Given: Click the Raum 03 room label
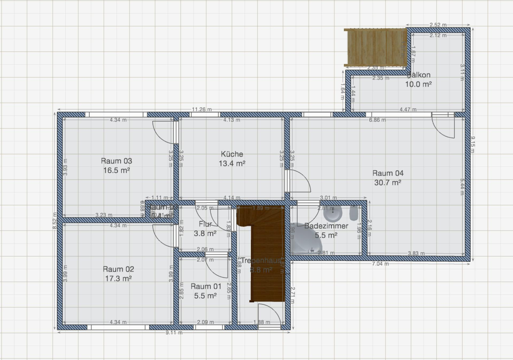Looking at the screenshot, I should pos(116,161).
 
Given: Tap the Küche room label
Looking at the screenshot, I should pos(232,154).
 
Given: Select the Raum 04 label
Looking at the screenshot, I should pos(388,173).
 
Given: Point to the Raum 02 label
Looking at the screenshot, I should pos(118,269).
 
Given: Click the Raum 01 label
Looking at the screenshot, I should pos(206,286).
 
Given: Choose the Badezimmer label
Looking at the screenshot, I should pos(326,226).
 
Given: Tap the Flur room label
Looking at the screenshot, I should pos(205,224).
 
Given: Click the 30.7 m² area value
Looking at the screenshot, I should pos(388,183).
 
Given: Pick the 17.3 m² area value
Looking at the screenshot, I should pos(118,278).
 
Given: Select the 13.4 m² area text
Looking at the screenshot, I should pos(232,163).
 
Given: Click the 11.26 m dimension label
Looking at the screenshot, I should pos(202,109).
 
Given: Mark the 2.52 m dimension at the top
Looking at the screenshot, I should pos(438,25).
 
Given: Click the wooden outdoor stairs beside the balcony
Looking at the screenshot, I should pos(376,47).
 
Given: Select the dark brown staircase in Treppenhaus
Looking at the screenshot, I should pos(266,256).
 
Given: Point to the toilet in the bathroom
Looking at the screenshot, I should pos(354,213).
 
